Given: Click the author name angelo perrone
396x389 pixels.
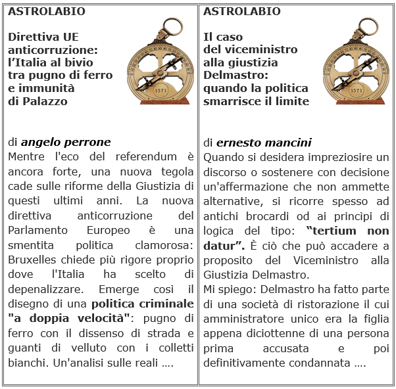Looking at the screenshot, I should click(66, 142).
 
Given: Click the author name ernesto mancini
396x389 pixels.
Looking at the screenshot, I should click(264, 143).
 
